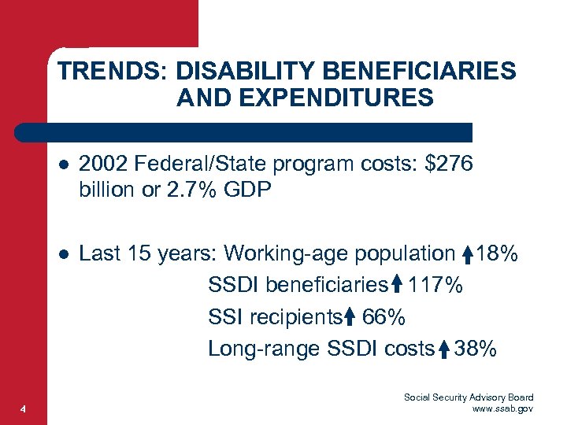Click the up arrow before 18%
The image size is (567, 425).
click(x=468, y=254)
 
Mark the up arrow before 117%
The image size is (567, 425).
click(x=397, y=285)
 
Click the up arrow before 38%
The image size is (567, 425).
click(x=444, y=348)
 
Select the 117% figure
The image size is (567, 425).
click(x=435, y=285)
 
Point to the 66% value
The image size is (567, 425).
click(x=384, y=316)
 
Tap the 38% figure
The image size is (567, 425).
click(x=476, y=348)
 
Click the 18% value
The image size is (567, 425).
click(x=497, y=253)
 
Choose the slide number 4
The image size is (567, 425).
click(x=24, y=408)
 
